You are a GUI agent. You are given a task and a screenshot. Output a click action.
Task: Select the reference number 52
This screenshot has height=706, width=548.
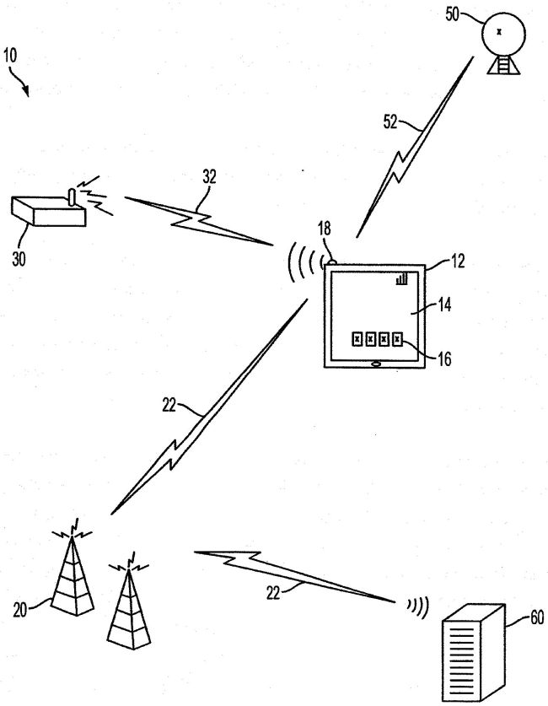pyautogui.click(x=393, y=123)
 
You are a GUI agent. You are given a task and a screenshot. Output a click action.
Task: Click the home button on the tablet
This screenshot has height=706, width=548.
pyautogui.click(x=375, y=364)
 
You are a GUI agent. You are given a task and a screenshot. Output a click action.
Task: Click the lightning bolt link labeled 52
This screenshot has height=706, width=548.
pyautogui.click(x=413, y=152)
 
